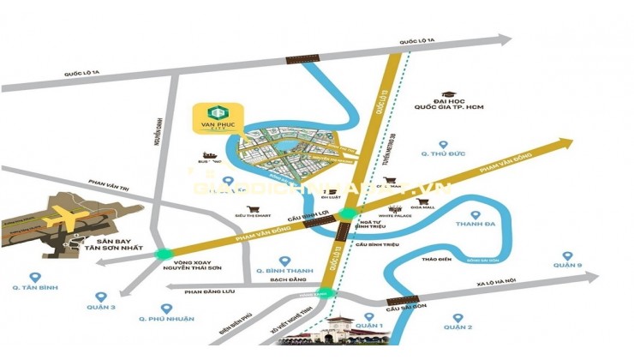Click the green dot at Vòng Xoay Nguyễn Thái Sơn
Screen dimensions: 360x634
pos(164,254)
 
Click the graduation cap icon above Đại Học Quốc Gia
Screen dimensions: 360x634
pos(447,96)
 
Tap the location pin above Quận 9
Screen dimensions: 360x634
pos(566,255)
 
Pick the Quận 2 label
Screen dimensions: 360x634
pos(459,327)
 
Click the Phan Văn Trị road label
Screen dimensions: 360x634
pos(110,183)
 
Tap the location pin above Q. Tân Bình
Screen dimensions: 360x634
pos(35,277)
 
